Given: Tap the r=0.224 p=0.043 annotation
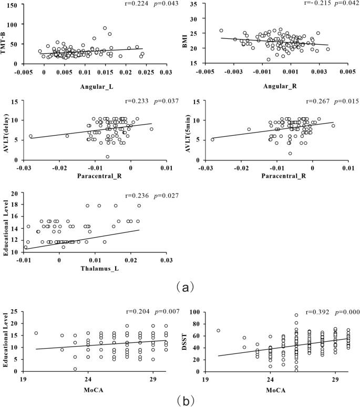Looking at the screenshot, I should [x=134, y=5].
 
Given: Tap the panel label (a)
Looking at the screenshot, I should [x=180, y=287].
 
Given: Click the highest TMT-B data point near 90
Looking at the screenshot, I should [x=105, y=28].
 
